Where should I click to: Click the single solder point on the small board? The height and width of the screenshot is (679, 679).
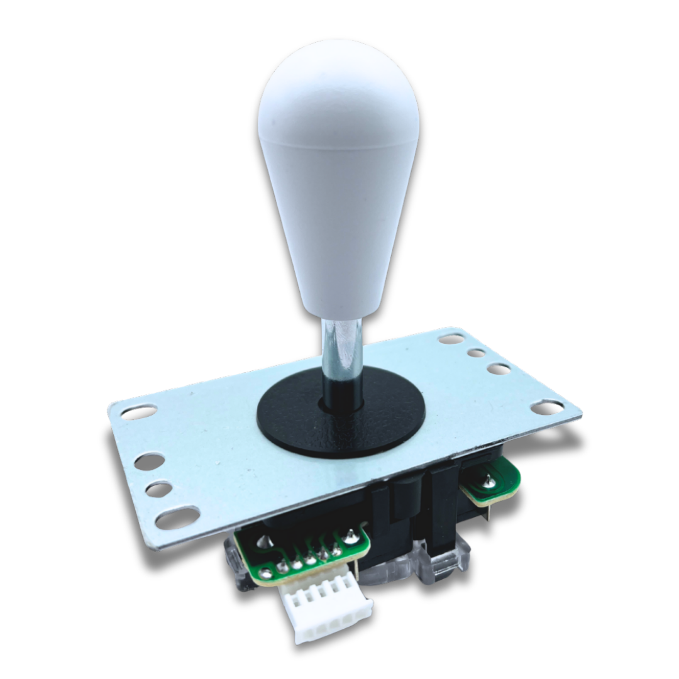click(488, 482)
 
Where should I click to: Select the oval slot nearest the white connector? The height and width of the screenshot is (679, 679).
click(177, 518)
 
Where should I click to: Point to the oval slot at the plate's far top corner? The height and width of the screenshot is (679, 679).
click(451, 338)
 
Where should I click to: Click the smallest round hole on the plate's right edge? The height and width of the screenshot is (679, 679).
click(476, 353)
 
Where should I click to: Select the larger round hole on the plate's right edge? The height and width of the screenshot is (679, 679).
click(498, 368)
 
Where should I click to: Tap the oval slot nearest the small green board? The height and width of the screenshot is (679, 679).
click(546, 407)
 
